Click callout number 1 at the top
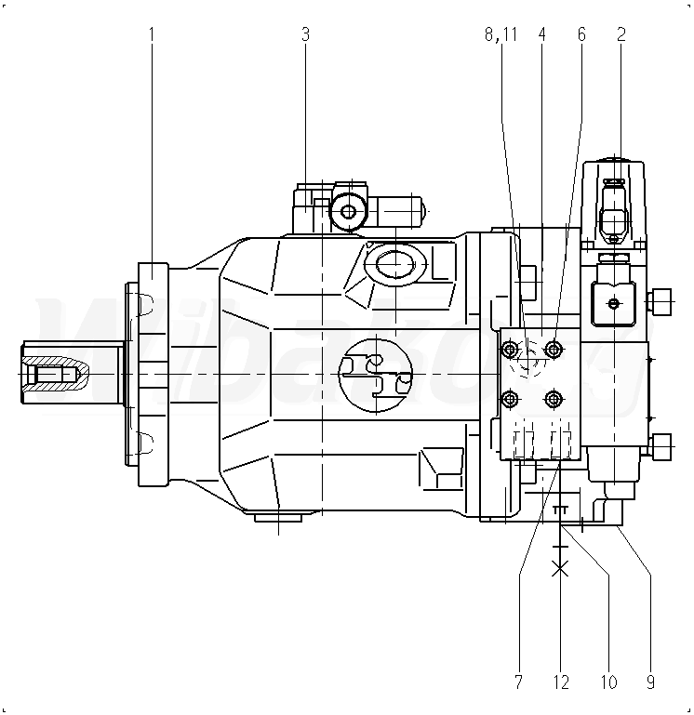[x=152, y=34]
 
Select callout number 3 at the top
[x=305, y=34]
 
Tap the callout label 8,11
[x=500, y=34]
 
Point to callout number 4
[x=541, y=34]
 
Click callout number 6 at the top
[x=581, y=34]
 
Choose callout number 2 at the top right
[x=621, y=34]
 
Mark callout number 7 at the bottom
[x=518, y=682]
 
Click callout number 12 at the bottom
[x=560, y=682]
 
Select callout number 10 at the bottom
[x=608, y=682]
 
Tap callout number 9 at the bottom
[x=649, y=682]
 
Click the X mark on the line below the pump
[x=559, y=568]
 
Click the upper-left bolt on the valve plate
[x=510, y=350]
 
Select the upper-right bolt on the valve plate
[x=554, y=350]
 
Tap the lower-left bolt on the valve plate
[x=510, y=400]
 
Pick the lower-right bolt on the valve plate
[x=554, y=400]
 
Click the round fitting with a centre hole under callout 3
[x=348, y=212]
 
